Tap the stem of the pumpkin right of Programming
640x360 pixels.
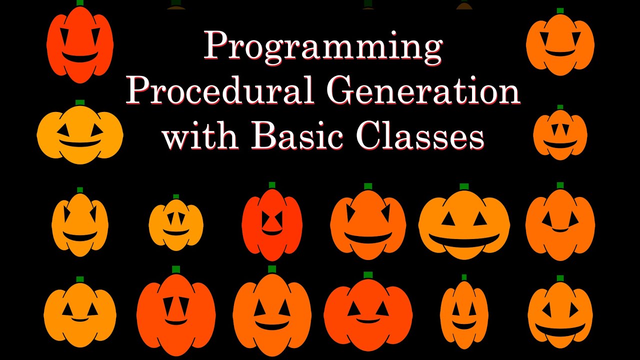point(560,10)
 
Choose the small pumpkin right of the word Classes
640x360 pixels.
point(560,135)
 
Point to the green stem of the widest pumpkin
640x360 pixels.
point(464,186)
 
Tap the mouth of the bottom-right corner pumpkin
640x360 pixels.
point(560,330)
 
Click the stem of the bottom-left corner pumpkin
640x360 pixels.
point(80,279)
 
